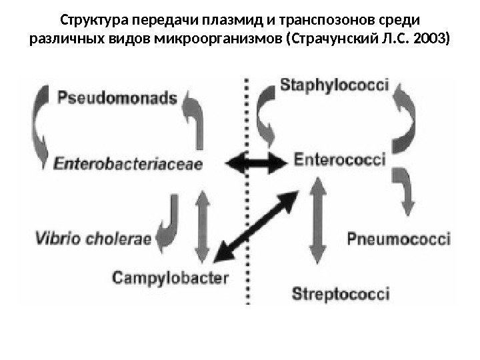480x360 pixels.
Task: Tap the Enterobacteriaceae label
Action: point(129,163)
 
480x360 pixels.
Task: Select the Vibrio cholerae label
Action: point(93,237)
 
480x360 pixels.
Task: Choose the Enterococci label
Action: point(339,161)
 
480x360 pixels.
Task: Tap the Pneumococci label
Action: point(399,238)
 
